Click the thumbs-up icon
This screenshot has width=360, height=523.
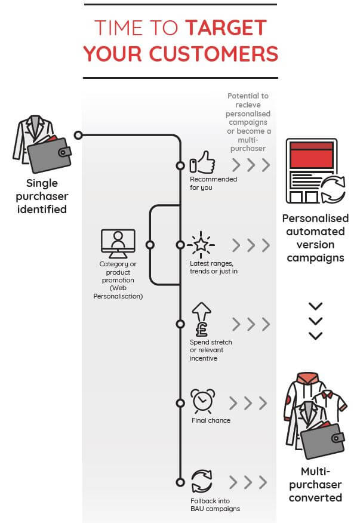202,162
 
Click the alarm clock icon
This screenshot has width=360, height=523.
202,400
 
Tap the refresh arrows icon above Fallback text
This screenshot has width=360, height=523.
202,481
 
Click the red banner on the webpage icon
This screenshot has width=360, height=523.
310,156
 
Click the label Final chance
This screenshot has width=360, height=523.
211,420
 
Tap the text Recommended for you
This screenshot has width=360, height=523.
213,183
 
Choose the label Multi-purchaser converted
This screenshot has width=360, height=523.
315,484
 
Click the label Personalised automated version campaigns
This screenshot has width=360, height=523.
315,238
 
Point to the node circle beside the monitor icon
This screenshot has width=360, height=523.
150,245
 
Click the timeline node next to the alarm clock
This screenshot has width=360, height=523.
180,403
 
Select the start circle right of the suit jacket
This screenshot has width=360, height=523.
78,136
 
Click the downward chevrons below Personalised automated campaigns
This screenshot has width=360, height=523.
315,321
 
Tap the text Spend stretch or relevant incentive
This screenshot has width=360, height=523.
211,350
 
